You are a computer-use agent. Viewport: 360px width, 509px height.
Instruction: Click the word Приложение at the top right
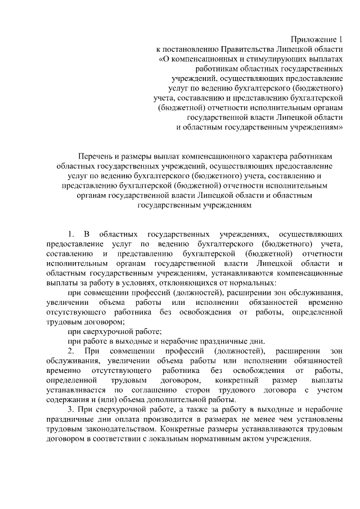tap(313, 39)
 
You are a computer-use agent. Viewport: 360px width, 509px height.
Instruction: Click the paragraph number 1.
tap(70, 233)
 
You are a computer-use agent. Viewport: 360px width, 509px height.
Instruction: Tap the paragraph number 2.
tap(70, 352)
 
